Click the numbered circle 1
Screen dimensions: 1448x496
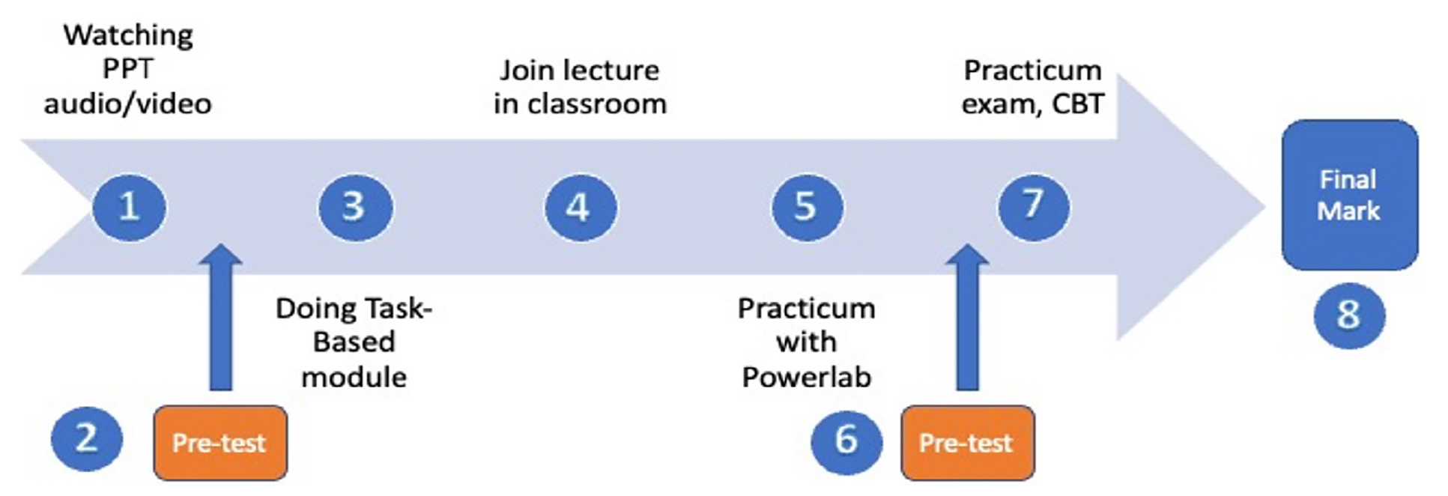(x=129, y=207)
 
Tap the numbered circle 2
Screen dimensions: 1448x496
(x=87, y=438)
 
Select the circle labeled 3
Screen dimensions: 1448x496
(x=355, y=207)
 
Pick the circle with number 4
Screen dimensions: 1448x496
(x=581, y=207)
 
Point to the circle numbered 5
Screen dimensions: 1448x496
(x=807, y=207)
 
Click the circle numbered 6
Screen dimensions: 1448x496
(x=846, y=439)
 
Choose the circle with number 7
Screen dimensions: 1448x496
(x=1034, y=207)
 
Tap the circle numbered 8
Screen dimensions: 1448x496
(x=1349, y=315)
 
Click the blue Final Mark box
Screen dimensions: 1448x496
(x=1349, y=195)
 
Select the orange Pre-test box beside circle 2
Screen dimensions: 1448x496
(x=220, y=443)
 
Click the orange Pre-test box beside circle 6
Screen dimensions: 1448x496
(x=967, y=443)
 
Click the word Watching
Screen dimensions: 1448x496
(x=128, y=36)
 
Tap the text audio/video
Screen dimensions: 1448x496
(x=127, y=103)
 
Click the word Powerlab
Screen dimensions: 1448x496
(x=807, y=377)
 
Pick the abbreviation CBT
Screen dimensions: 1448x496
(x=1078, y=103)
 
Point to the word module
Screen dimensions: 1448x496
(x=354, y=377)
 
